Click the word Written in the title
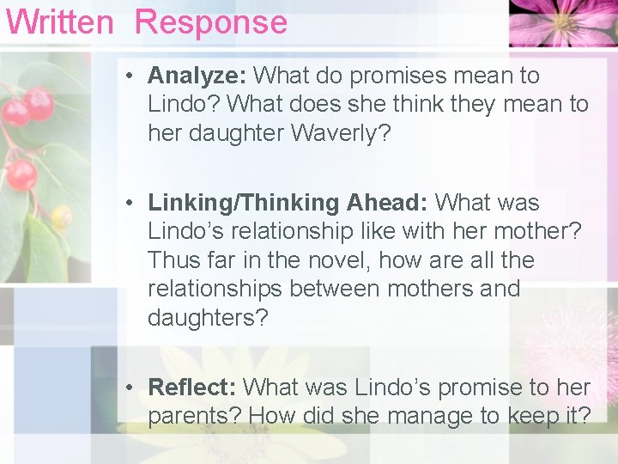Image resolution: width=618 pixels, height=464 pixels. tap(59, 21)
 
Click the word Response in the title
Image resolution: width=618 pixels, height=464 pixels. tap(211, 22)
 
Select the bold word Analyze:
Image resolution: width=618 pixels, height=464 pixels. tap(197, 76)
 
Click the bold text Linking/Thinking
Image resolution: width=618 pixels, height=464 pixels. tap(244, 203)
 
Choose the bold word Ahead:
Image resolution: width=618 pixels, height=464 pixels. tap(387, 203)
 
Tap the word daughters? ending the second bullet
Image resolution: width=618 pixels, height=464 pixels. tap(208, 317)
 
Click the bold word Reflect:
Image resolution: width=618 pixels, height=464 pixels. tap(192, 388)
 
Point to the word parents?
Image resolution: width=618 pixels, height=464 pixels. tap(195, 416)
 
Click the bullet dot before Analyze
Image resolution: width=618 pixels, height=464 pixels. tap(127, 76)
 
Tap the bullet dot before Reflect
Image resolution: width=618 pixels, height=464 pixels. tap(127, 388)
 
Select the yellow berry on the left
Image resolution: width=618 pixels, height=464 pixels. tap(61, 216)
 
